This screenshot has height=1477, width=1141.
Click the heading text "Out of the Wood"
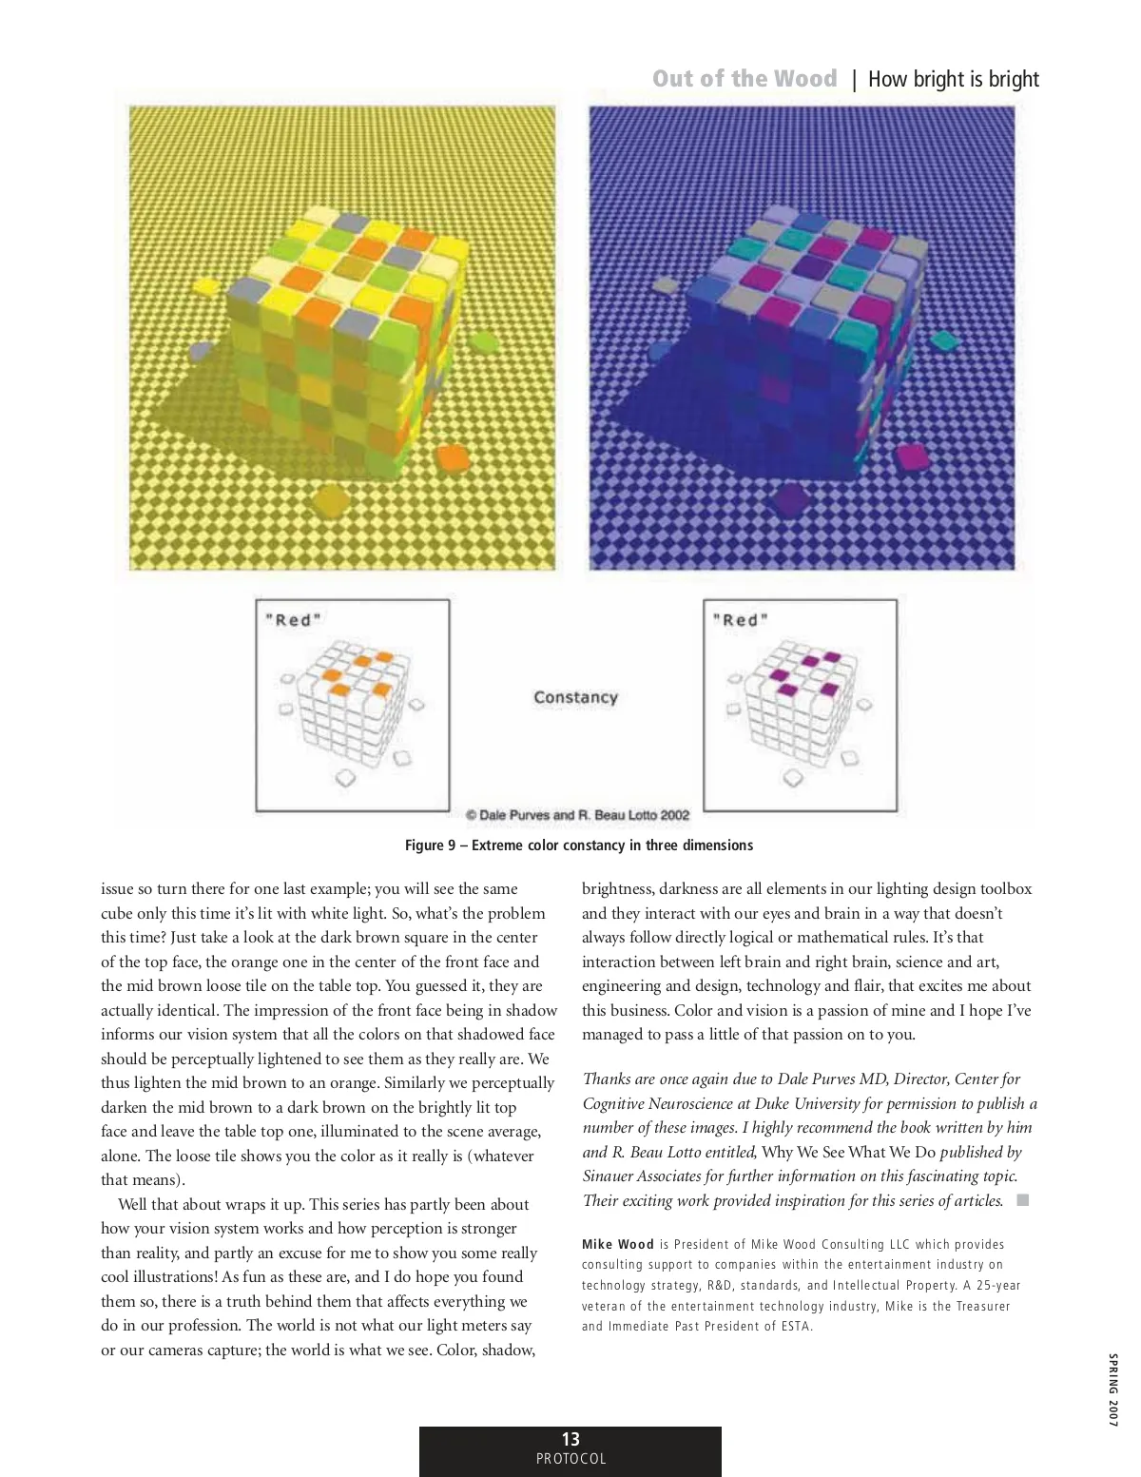click(745, 79)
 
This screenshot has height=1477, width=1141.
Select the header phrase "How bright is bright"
click(953, 79)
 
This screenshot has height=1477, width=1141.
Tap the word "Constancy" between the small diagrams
click(575, 697)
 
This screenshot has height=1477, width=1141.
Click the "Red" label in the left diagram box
click(293, 620)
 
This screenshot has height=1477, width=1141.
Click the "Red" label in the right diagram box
click(741, 620)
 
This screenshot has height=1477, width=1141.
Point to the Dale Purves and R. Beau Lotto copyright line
click(577, 815)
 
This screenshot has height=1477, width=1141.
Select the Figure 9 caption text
click(579, 845)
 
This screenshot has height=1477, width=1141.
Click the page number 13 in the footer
click(570, 1439)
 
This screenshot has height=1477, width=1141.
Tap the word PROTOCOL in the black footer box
click(570, 1459)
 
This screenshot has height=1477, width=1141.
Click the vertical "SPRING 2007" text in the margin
click(1112, 1389)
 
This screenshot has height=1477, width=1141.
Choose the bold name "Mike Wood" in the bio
click(618, 1244)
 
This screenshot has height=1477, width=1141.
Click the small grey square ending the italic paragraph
click(1023, 1200)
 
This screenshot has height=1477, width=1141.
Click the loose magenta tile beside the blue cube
click(913, 457)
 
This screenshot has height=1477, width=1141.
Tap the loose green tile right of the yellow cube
click(485, 341)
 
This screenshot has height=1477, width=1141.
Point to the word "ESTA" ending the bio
click(796, 1327)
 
